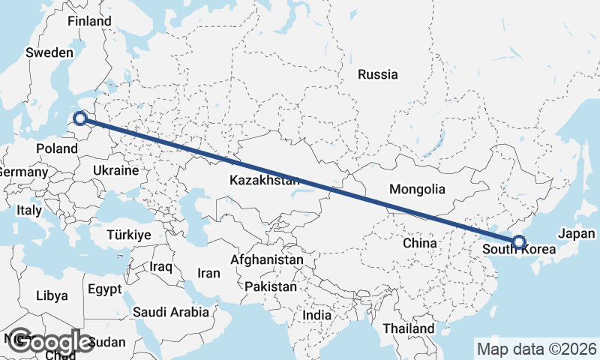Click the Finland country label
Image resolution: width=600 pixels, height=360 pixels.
click(89, 21)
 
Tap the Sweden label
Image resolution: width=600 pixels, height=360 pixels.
click(49, 52)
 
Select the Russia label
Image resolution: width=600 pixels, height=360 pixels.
click(378, 74)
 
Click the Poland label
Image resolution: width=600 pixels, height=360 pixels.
click(57, 148)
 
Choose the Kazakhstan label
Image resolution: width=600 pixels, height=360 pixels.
click(265, 181)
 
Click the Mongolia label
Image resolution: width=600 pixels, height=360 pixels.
click(418, 190)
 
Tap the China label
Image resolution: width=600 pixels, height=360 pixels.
click(419, 243)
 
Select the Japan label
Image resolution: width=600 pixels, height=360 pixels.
click(577, 233)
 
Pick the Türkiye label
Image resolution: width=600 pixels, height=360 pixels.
click(129, 235)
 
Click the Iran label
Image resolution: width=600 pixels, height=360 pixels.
click(208, 273)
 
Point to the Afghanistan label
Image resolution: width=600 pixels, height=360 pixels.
click(268, 260)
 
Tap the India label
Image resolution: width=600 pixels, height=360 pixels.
click(316, 315)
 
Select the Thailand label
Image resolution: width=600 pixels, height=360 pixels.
click(408, 328)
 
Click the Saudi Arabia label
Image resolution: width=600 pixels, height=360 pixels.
click(171, 312)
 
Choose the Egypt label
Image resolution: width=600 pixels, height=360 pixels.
click(103, 289)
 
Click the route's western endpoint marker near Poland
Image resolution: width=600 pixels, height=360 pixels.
click(79, 118)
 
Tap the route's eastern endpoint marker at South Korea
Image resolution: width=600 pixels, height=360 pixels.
click(519, 242)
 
